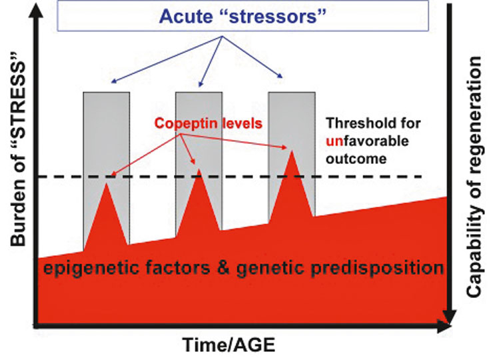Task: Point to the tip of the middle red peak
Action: [199, 169]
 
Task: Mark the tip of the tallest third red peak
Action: [292, 151]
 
